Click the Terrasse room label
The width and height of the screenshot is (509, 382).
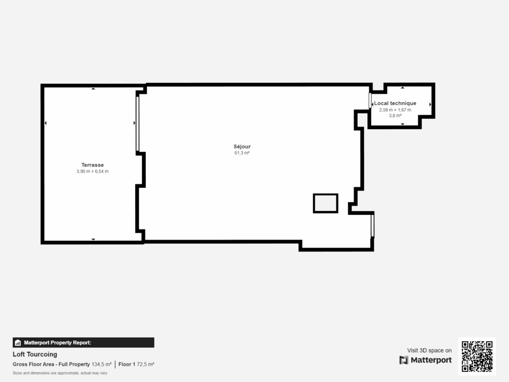[92, 165]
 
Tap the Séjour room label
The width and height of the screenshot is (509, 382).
[242, 147]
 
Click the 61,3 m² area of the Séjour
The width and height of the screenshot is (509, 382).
[242, 153]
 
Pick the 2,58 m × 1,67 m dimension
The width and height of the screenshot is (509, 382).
[395, 109]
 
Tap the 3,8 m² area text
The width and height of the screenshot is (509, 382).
[395, 115]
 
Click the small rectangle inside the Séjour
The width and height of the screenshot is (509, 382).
[326, 203]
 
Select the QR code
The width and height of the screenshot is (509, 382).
[477, 356]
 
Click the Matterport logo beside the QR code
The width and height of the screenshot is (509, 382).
[425, 360]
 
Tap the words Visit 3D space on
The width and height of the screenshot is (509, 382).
[429, 351]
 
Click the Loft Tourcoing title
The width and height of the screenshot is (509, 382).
[35, 355]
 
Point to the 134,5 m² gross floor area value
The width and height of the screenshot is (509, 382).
[101, 364]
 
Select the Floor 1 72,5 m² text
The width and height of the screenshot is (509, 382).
[136, 364]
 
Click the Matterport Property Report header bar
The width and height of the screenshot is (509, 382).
[83, 342]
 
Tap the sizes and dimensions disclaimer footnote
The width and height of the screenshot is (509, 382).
[60, 373]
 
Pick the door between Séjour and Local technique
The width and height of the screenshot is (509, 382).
[370, 100]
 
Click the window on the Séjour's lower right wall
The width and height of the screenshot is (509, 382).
[373, 225]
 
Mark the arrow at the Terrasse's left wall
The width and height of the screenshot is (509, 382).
[46, 123]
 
